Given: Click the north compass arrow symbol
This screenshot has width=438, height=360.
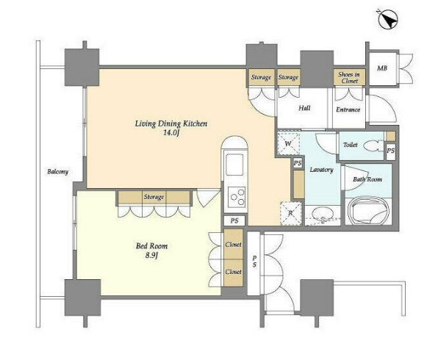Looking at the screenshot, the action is (x=388, y=20).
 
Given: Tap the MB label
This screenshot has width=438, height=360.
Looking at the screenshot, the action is (x=382, y=68).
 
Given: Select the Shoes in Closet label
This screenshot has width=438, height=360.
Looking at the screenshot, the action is (x=349, y=77).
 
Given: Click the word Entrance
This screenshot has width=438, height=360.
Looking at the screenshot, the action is (x=348, y=109).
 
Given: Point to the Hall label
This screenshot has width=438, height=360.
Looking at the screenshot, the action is (x=304, y=108).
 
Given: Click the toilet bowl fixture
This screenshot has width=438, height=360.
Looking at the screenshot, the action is (x=372, y=145).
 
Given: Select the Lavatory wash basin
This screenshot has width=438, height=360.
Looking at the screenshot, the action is (x=323, y=215).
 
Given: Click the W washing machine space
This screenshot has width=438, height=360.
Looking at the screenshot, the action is (x=288, y=143).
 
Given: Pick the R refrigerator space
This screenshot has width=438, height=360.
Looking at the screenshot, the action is (x=291, y=213).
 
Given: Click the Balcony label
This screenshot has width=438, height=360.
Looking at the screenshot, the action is (x=57, y=171).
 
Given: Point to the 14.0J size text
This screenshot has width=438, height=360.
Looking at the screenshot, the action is (x=171, y=133).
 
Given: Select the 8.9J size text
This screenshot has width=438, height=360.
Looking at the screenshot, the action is (x=151, y=256).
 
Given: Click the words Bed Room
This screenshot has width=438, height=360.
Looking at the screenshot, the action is (x=151, y=246).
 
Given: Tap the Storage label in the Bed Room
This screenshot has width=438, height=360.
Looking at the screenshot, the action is (x=154, y=197).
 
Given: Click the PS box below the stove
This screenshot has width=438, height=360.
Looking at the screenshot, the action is (x=234, y=220).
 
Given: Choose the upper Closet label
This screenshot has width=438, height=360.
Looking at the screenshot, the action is (x=233, y=245).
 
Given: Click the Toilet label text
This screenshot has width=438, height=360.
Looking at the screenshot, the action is (x=351, y=145).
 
